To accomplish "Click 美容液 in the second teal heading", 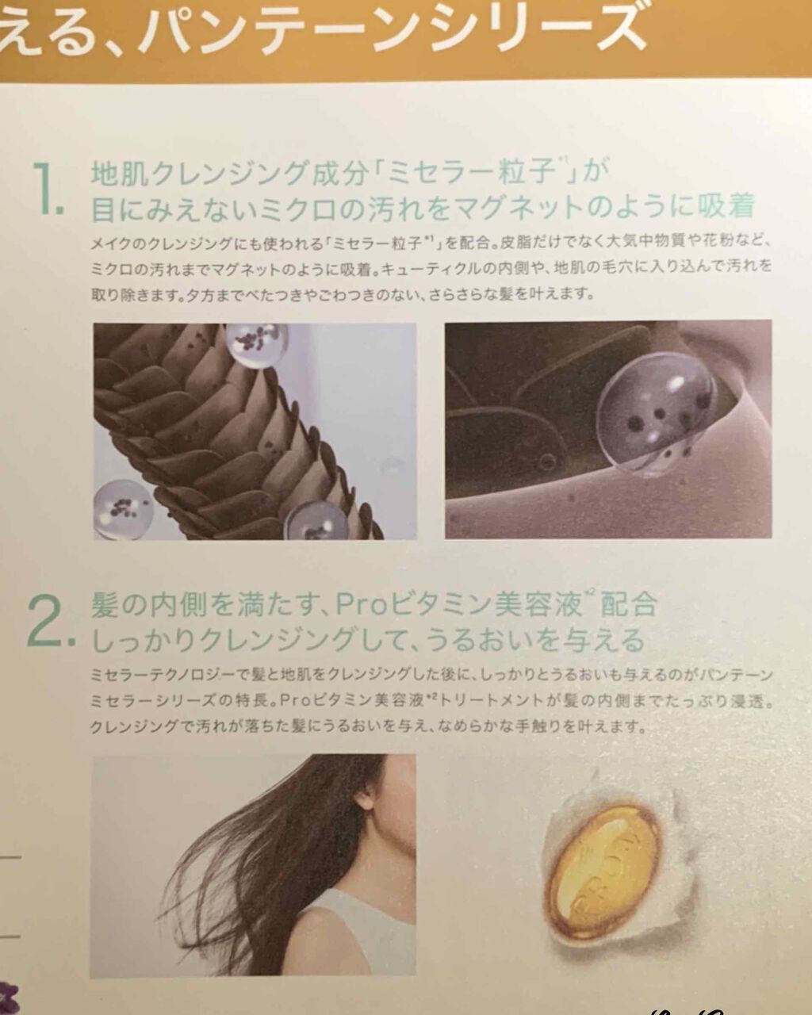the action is click(538, 605).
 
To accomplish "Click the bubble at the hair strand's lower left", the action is click(124, 503).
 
